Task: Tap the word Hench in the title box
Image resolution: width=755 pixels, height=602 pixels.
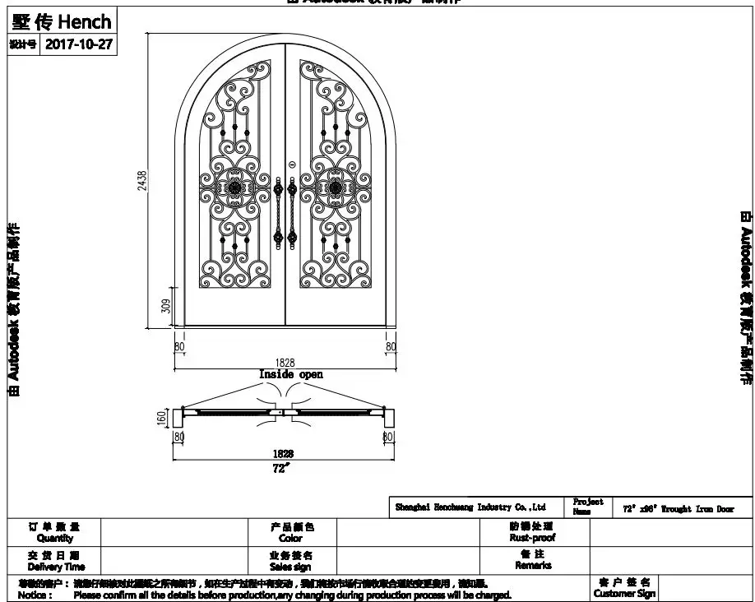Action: click(84, 20)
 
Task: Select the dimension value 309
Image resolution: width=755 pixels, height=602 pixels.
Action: click(165, 307)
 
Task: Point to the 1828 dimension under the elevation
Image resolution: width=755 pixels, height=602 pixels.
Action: click(285, 362)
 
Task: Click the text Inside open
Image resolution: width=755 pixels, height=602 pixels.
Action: click(291, 374)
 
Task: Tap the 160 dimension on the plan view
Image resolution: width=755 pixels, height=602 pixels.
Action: click(162, 418)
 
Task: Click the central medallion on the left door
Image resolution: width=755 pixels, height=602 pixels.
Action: click(234, 188)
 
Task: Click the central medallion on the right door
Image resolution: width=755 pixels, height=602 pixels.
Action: click(336, 188)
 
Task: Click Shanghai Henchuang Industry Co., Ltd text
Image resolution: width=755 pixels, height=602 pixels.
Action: click(470, 508)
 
